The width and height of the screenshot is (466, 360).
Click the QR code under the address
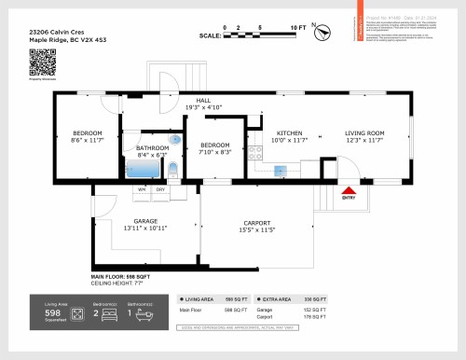tap(43, 62)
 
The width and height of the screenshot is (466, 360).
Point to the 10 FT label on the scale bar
tap(297, 29)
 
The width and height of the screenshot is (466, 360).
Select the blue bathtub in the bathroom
tap(144, 170)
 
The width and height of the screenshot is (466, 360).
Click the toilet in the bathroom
tap(173, 170)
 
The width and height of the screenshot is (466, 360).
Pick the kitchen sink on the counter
tap(279, 168)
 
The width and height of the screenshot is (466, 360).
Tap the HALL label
tap(202, 100)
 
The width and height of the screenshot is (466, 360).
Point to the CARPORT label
tap(256, 222)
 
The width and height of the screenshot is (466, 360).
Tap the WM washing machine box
tap(143, 189)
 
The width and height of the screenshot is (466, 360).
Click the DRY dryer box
tap(160, 189)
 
